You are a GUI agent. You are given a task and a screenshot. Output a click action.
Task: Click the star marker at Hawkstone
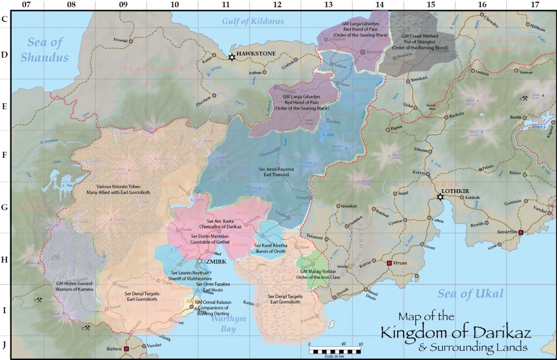(x=232, y=57)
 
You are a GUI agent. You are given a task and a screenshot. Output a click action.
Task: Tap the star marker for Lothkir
(x=440, y=197)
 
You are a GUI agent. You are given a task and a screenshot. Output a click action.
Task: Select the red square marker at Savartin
(x=521, y=233)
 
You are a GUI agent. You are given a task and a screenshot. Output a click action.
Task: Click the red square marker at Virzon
(x=389, y=263)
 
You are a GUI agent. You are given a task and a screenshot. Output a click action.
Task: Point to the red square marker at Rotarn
(x=126, y=349)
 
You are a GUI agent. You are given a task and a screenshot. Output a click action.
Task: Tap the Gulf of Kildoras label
(x=253, y=21)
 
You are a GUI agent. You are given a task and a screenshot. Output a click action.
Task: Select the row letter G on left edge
(x=5, y=207)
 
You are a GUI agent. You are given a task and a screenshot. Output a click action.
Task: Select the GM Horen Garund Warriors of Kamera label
(x=59, y=285)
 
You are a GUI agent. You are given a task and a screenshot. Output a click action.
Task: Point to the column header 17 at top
(x=534, y=5)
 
